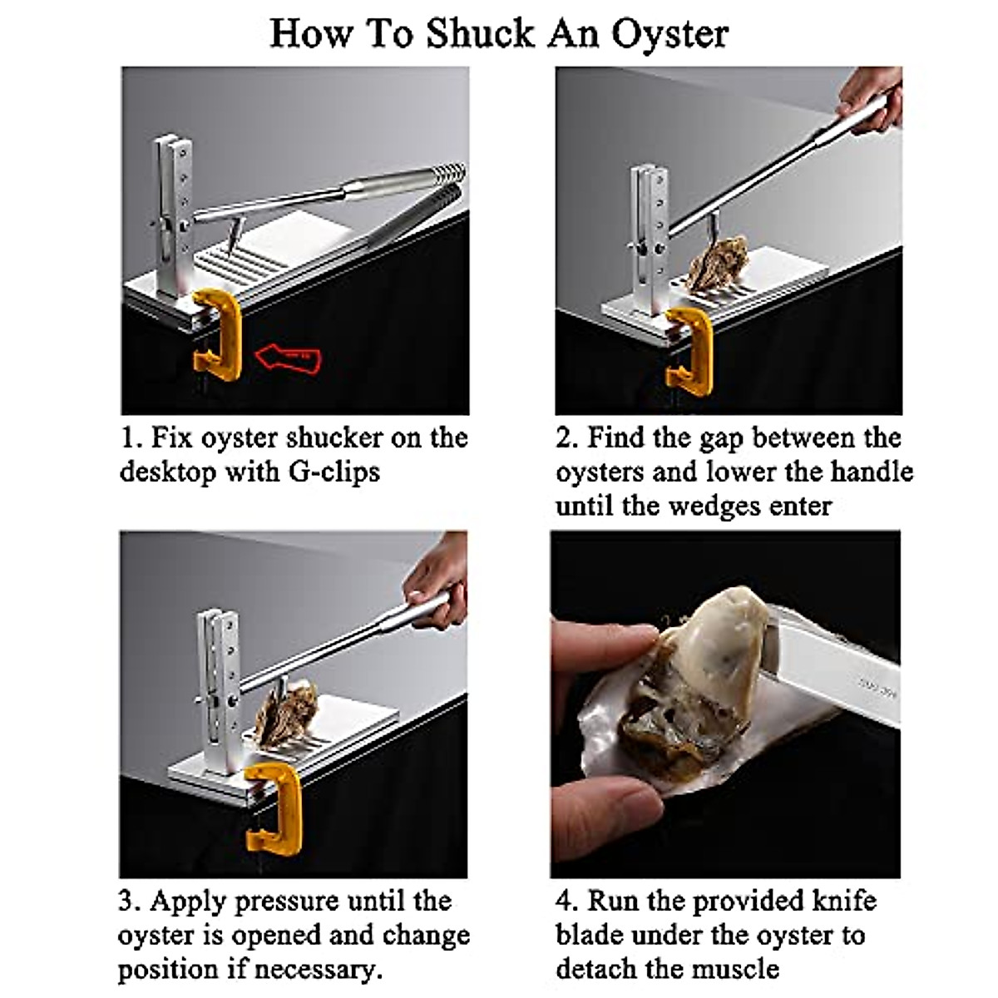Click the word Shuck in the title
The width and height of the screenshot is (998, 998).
(x=480, y=33)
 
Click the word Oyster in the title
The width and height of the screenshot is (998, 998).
(x=669, y=35)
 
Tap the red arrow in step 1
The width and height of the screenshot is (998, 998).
(x=288, y=358)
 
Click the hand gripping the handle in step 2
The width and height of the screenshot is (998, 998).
(x=871, y=98)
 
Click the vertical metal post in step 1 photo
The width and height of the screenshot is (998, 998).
(x=175, y=218)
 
